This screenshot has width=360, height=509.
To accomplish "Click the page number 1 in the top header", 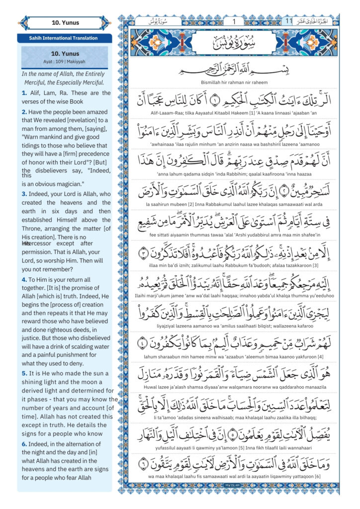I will [x=234, y=21].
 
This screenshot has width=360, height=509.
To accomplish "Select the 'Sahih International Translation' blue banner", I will [x=64, y=38].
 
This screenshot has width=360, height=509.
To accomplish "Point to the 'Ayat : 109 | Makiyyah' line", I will [x=64, y=61].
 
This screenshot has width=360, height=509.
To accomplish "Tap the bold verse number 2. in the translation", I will [x=24, y=112].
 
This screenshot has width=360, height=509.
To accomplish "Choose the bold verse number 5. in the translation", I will [x=24, y=372].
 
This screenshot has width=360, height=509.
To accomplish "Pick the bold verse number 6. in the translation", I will [x=24, y=444].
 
